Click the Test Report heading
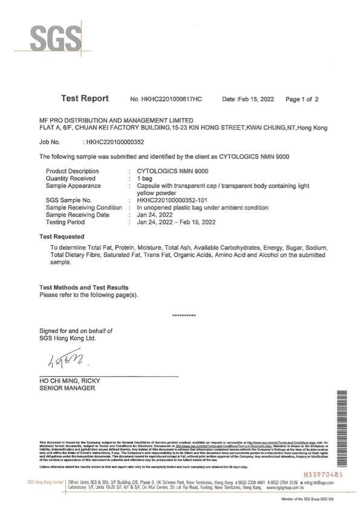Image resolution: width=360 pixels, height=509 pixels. click(x=85, y=98)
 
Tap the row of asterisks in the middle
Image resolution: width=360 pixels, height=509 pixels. click(x=183, y=316)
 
